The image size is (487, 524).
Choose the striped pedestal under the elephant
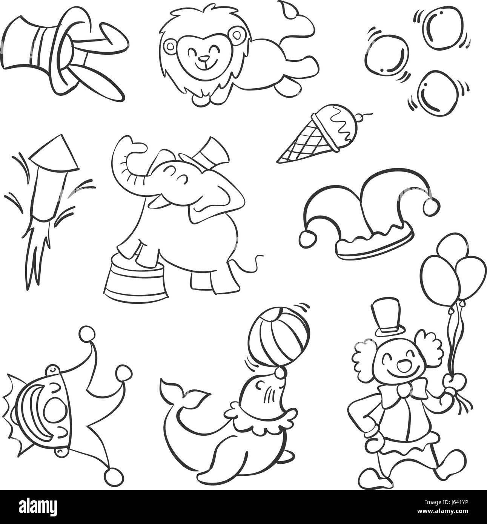point(136,282)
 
